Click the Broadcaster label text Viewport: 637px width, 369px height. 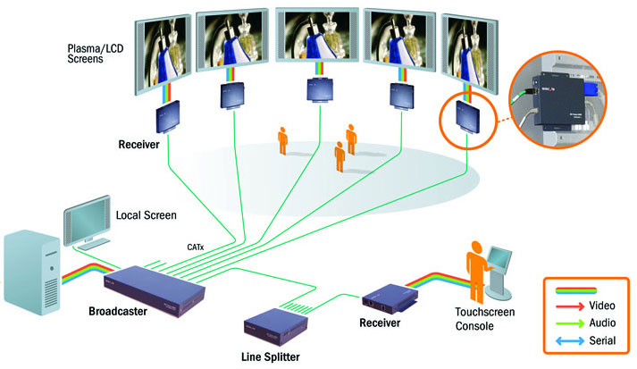pyautogui.click(x=120, y=312)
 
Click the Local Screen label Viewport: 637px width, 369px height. pyautogui.click(x=147, y=215)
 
